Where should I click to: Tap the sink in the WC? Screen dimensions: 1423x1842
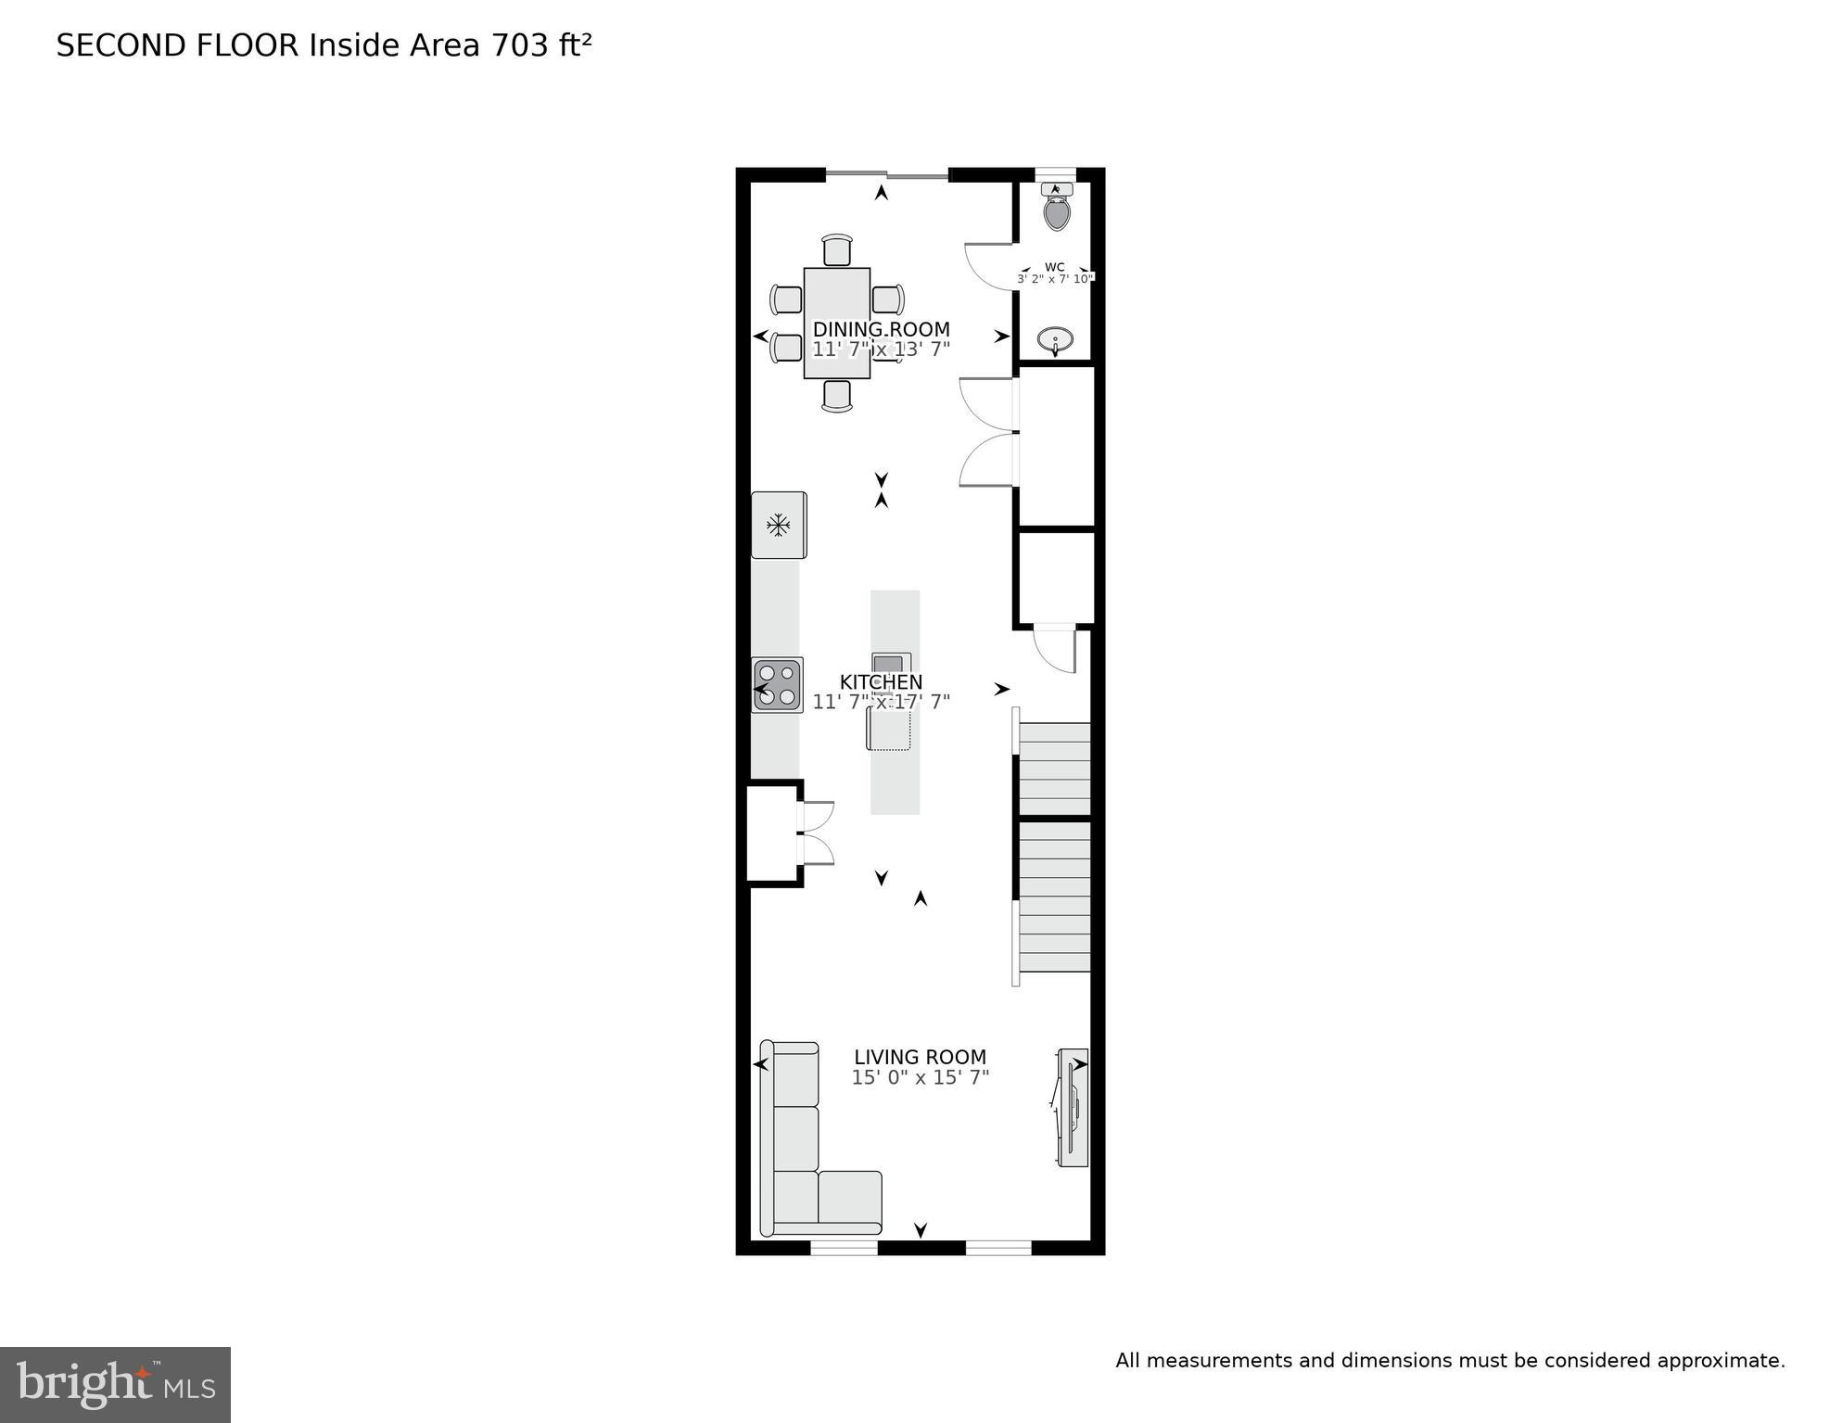(1054, 340)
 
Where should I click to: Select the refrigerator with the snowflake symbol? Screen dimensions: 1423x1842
(778, 526)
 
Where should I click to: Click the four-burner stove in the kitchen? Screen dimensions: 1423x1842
(777, 685)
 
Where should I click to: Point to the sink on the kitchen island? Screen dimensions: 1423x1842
(891, 664)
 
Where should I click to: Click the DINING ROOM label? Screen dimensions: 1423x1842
(881, 329)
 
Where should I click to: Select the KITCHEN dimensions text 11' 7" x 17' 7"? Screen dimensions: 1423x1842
(881, 703)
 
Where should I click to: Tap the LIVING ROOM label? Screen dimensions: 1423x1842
(920, 1057)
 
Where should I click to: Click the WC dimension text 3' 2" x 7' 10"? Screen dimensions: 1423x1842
(1055, 279)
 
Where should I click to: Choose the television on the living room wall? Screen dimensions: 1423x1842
(1073, 1108)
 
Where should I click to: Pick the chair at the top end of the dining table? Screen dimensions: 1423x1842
(836, 250)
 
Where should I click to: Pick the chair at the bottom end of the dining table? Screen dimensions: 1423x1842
(836, 396)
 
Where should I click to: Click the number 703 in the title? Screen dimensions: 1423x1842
(519, 45)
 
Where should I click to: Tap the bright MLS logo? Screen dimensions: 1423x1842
(115, 1385)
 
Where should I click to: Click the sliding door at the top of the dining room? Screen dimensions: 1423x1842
(887, 174)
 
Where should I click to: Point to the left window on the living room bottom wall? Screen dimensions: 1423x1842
(844, 1248)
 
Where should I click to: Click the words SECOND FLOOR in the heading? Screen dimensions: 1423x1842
(177, 45)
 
